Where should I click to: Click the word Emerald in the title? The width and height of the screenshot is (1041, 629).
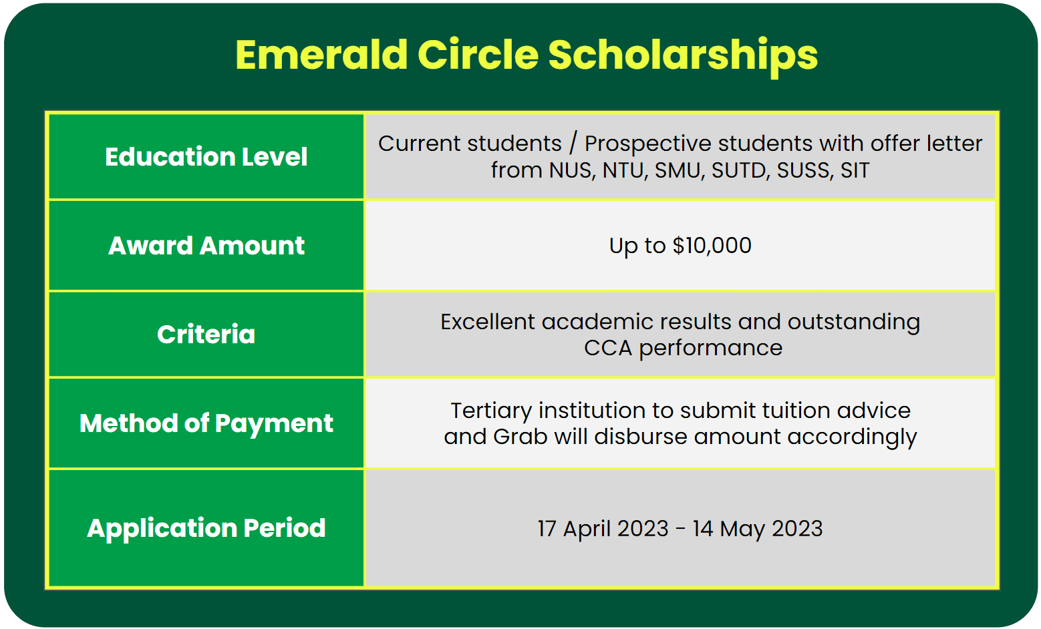point(321,55)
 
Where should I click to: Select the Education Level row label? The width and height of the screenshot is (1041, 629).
point(206,156)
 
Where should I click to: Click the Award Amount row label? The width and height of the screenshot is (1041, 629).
point(206,245)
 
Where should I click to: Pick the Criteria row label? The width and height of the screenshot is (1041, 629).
point(206,334)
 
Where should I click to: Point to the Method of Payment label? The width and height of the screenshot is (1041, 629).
point(206,423)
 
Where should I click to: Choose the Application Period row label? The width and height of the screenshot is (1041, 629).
point(206,528)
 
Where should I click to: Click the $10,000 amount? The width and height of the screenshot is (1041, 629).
point(712,245)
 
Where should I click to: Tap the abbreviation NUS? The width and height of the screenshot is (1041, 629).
point(572,170)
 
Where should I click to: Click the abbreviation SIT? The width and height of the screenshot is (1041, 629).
point(855,170)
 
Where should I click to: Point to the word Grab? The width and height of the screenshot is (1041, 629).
point(520,437)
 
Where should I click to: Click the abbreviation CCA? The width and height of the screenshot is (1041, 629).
point(608,348)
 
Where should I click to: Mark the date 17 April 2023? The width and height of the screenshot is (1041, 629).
point(603,529)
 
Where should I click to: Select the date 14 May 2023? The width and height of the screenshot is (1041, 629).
point(758,529)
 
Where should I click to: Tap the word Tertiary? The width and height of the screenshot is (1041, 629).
point(491,411)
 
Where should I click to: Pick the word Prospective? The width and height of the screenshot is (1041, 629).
point(648,144)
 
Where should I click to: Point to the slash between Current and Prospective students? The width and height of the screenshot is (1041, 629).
point(573,143)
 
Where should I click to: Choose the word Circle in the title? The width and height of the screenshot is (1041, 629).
point(478,55)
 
